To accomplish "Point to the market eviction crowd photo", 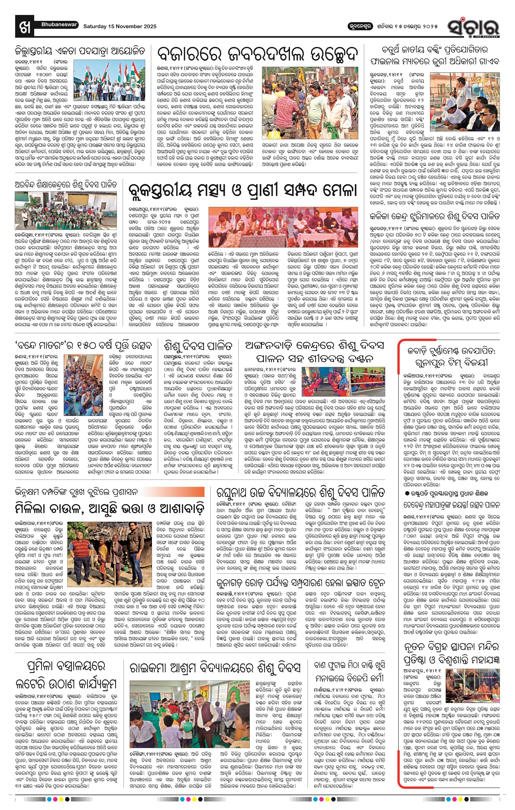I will tap(310, 103).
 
